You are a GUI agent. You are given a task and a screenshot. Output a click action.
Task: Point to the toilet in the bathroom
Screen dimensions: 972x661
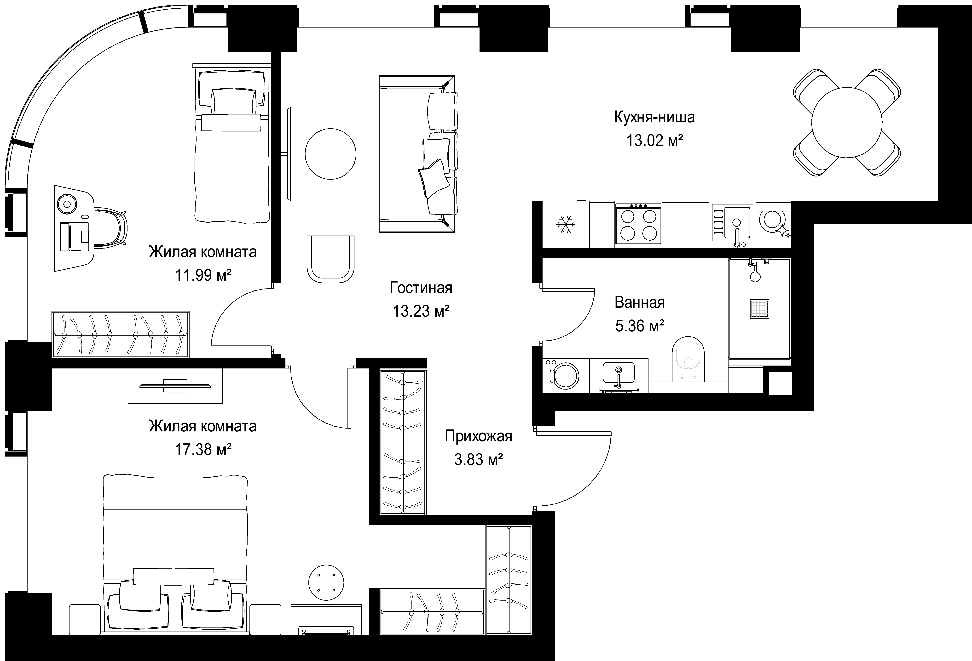pos(688,359)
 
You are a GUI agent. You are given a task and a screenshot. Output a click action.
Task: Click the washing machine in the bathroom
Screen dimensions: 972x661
pos(566,375)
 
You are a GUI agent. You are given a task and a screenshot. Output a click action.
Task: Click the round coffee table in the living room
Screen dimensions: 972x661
pos(330,154)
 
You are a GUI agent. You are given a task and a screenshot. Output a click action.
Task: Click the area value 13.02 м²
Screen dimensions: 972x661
pos(654,141)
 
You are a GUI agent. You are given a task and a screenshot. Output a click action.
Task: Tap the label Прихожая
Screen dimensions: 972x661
pos(478,436)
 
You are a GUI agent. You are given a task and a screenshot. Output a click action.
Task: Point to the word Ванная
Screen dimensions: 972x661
pos(640,302)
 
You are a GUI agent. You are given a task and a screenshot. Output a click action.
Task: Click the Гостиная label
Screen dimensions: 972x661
pos(421,288)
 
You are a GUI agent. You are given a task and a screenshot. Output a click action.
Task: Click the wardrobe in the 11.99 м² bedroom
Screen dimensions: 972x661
pos(121,334)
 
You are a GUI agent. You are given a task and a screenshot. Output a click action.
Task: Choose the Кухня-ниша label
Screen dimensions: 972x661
pos(654,117)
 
